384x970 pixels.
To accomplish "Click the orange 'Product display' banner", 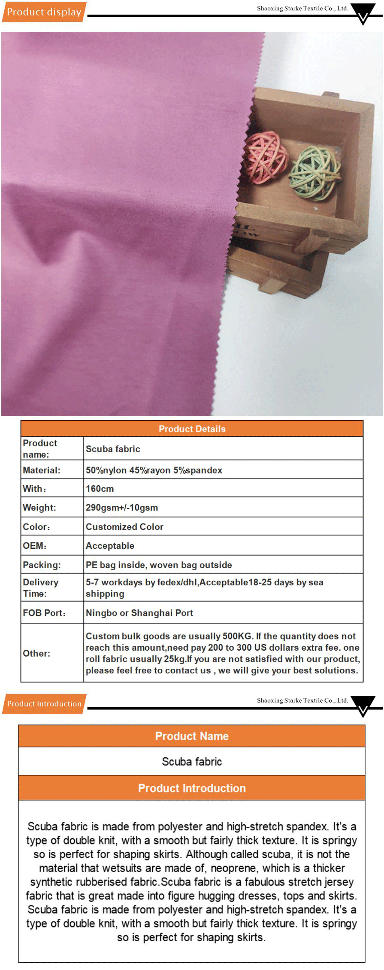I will [x=44, y=12].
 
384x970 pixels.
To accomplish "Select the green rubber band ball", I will [x=315, y=173].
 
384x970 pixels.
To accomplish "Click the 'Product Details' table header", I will [x=192, y=428].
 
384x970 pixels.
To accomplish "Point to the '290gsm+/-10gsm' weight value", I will [x=122, y=508].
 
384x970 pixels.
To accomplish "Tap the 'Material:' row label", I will [x=42, y=470].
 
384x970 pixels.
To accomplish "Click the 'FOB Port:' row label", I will [x=44, y=613].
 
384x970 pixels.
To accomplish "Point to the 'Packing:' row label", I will [x=42, y=565].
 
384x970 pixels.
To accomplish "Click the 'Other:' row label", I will [x=36, y=653].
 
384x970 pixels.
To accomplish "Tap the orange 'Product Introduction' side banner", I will [x=44, y=704].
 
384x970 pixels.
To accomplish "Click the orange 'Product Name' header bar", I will [x=192, y=736].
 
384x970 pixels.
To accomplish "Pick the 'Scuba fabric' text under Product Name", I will [x=192, y=762].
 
